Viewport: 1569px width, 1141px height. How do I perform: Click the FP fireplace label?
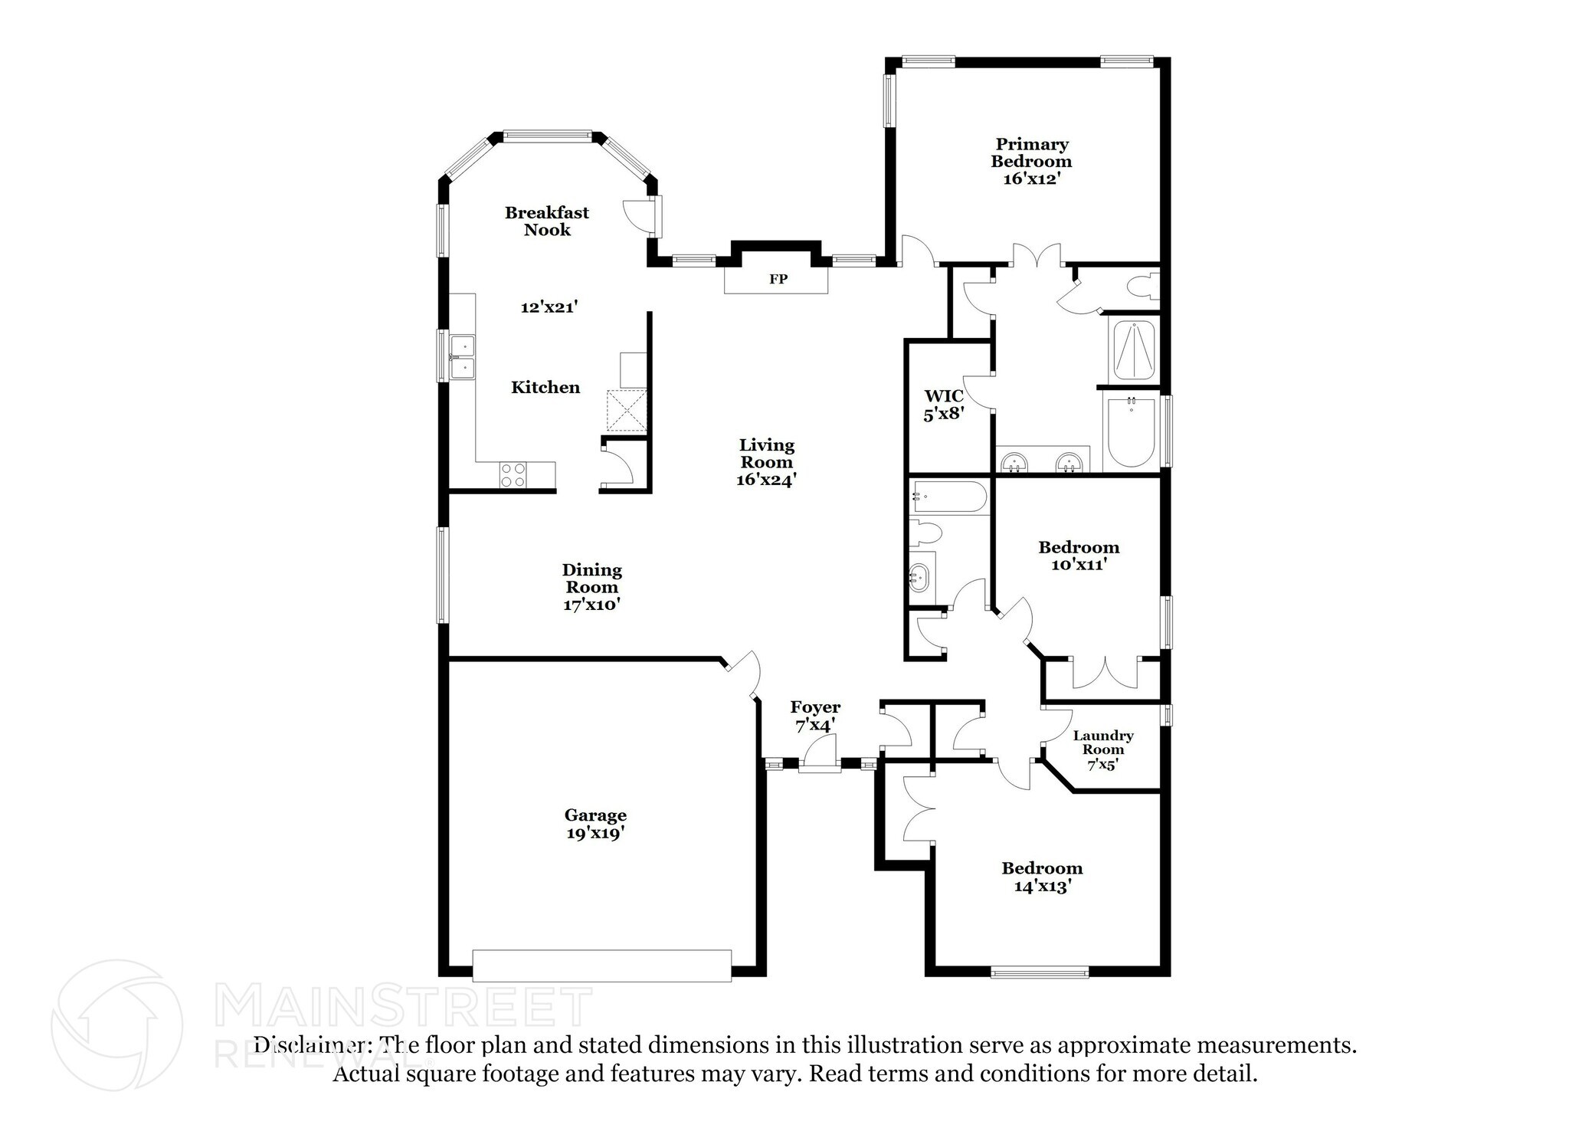coord(778,280)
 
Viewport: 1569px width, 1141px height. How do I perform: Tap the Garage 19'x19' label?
coord(595,825)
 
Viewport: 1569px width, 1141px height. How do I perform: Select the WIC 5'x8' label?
coord(943,405)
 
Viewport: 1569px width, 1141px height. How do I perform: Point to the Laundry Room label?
coord(1103,749)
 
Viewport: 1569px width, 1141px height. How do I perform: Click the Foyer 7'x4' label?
coord(815,716)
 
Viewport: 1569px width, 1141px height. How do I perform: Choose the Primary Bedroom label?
coord(1031,162)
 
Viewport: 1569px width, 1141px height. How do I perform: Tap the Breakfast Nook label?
coord(547,221)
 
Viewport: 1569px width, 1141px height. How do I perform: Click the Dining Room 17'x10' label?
coord(591,587)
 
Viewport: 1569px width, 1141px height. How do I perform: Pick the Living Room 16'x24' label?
coord(766,462)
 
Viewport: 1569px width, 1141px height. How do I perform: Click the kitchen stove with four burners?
coord(513,475)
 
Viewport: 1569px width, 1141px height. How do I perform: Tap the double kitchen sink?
coord(462,358)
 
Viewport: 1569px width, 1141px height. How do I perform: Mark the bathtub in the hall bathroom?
coord(948,497)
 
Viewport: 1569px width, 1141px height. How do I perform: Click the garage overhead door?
coord(601,966)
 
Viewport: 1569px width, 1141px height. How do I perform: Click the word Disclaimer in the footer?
coord(308,1045)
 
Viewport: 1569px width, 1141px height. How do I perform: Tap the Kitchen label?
coord(545,388)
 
